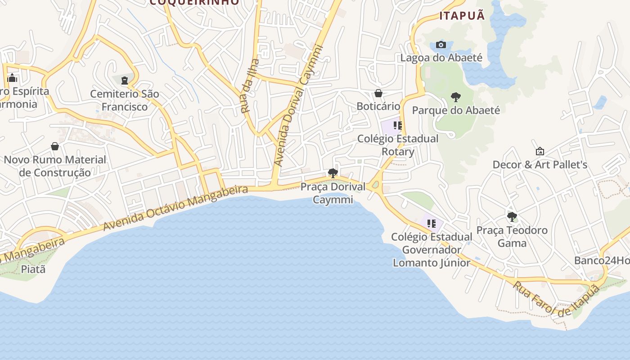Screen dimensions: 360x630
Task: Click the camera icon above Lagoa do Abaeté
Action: click(x=441, y=45)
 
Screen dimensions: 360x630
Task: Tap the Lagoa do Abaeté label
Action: click(x=441, y=58)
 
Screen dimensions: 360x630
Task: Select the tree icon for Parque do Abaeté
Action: click(x=455, y=97)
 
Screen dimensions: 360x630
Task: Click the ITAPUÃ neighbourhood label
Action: click(x=462, y=16)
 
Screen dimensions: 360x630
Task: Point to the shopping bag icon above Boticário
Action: click(x=378, y=93)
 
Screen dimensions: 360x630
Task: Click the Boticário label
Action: click(x=378, y=106)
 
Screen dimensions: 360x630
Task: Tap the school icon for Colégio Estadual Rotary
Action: click(x=397, y=125)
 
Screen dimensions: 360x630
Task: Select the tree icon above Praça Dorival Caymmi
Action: click(x=333, y=173)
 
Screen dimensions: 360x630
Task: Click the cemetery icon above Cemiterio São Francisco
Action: click(x=124, y=81)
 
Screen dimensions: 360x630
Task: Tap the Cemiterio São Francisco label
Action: click(x=125, y=100)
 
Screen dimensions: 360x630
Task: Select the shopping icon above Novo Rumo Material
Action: click(x=55, y=146)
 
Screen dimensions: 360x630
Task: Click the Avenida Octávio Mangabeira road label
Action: click(x=175, y=208)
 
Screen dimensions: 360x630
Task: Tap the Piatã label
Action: click(x=34, y=269)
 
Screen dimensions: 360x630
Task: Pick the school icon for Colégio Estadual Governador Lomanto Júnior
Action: click(x=432, y=223)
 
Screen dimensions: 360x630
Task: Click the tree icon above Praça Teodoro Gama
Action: click(x=512, y=217)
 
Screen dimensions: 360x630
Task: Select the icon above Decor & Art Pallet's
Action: click(x=540, y=152)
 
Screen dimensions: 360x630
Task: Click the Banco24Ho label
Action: click(x=602, y=261)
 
